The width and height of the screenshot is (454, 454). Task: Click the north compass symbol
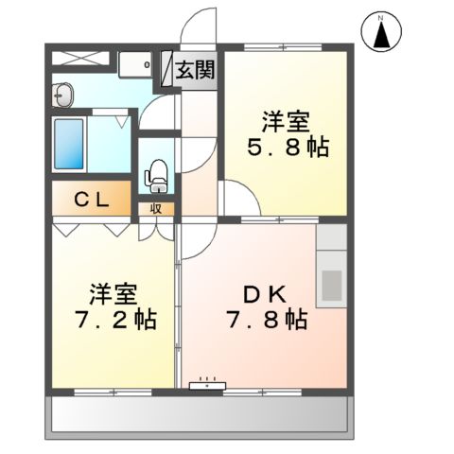pyautogui.click(x=380, y=32)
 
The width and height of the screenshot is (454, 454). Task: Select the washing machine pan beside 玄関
pyautogui.click(x=137, y=65)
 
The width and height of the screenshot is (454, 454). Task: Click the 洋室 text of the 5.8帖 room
pyautogui.click(x=282, y=122)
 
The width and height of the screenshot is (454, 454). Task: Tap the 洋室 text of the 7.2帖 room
pyautogui.click(x=110, y=290)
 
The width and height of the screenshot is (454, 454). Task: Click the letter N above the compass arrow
pyautogui.click(x=380, y=18)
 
